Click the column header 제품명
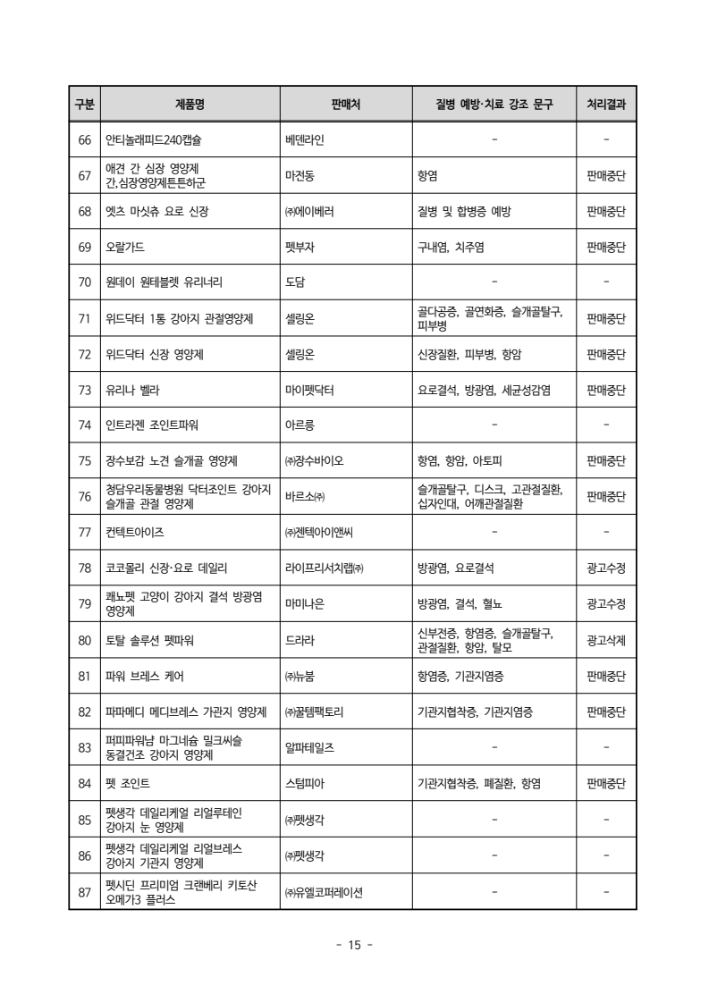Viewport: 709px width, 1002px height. pos(190,105)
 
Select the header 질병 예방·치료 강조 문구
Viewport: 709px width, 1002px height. pos(494,105)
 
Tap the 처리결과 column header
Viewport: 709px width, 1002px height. pos(606,105)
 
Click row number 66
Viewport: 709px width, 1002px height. pos(85,139)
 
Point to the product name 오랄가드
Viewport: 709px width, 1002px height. pos(125,247)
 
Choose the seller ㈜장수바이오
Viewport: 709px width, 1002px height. pos(314,461)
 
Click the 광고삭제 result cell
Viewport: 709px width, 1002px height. pos(606,640)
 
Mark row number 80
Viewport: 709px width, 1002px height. pos(85,640)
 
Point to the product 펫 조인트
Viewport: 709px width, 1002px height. pos(125,783)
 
